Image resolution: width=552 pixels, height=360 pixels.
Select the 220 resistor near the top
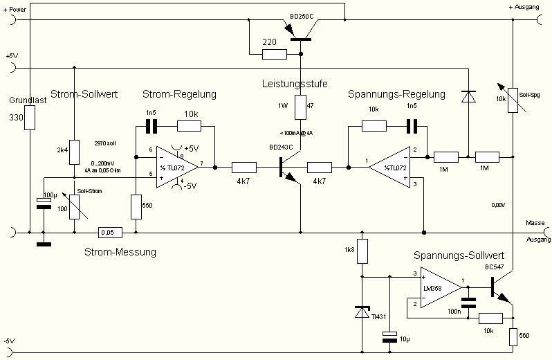(274, 53)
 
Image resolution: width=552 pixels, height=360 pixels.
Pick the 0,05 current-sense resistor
(111, 232)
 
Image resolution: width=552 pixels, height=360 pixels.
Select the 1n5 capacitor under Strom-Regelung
(151, 126)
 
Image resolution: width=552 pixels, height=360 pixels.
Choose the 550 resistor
(137, 206)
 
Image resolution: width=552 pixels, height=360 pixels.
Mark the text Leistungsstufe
(295, 84)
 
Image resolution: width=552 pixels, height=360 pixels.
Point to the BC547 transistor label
(495, 267)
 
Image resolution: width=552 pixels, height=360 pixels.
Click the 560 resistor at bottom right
(513, 337)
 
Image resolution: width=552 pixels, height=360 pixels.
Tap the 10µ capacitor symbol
(389, 337)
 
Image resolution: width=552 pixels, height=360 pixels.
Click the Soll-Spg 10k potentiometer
(513, 99)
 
